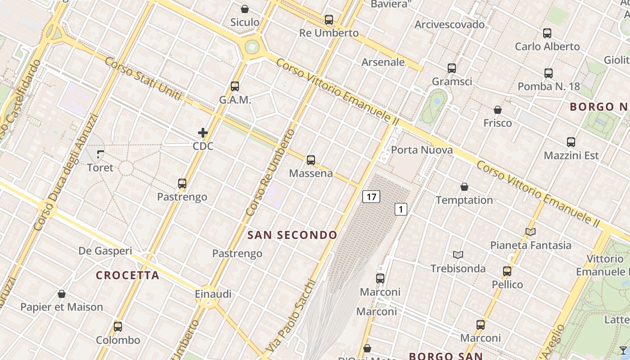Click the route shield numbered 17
tap(371, 197)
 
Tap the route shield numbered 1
tap(401, 209)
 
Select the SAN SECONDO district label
tap(292, 235)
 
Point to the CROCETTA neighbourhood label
tap(128, 275)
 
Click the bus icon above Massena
tap(310, 160)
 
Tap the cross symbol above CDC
tap(203, 133)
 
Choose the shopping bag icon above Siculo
tap(245, 9)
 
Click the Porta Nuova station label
tap(422, 150)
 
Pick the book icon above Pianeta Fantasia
tap(531, 232)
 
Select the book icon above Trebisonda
tap(458, 255)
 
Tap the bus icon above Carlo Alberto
tap(547, 33)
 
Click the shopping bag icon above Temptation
tap(464, 187)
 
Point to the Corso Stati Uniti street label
tap(143, 79)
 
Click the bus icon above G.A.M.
tap(234, 86)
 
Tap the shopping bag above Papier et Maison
tap(62, 294)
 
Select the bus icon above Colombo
tap(118, 327)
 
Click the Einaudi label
tap(213, 294)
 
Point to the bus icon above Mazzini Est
tap(571, 142)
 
